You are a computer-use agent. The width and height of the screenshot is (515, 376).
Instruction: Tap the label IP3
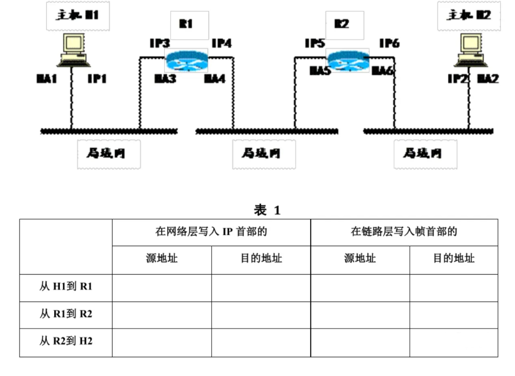tap(159, 44)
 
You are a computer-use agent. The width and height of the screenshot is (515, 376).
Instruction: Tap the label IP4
tap(222, 44)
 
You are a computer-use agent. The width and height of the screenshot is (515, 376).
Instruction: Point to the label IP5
tap(315, 44)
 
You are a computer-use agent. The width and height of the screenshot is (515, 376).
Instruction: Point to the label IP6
tap(389, 44)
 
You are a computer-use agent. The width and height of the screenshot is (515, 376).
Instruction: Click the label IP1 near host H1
tap(97, 79)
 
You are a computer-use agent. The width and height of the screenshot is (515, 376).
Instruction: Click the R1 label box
tap(189, 25)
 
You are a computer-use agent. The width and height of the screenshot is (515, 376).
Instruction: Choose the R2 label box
tap(344, 25)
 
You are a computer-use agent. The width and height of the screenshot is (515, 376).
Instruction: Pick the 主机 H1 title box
tap(78, 16)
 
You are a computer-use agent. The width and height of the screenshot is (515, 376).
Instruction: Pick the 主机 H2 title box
tap(469, 16)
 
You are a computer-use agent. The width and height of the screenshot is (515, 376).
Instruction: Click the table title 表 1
tap(267, 210)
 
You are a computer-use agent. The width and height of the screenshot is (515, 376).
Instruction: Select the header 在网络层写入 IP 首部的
tap(211, 232)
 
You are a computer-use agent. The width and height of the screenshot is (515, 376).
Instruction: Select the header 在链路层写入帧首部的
tap(404, 232)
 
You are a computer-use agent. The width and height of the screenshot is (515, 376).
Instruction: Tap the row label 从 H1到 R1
tap(66, 287)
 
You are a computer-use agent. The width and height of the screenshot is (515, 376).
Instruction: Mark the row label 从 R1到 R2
tap(66, 314)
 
